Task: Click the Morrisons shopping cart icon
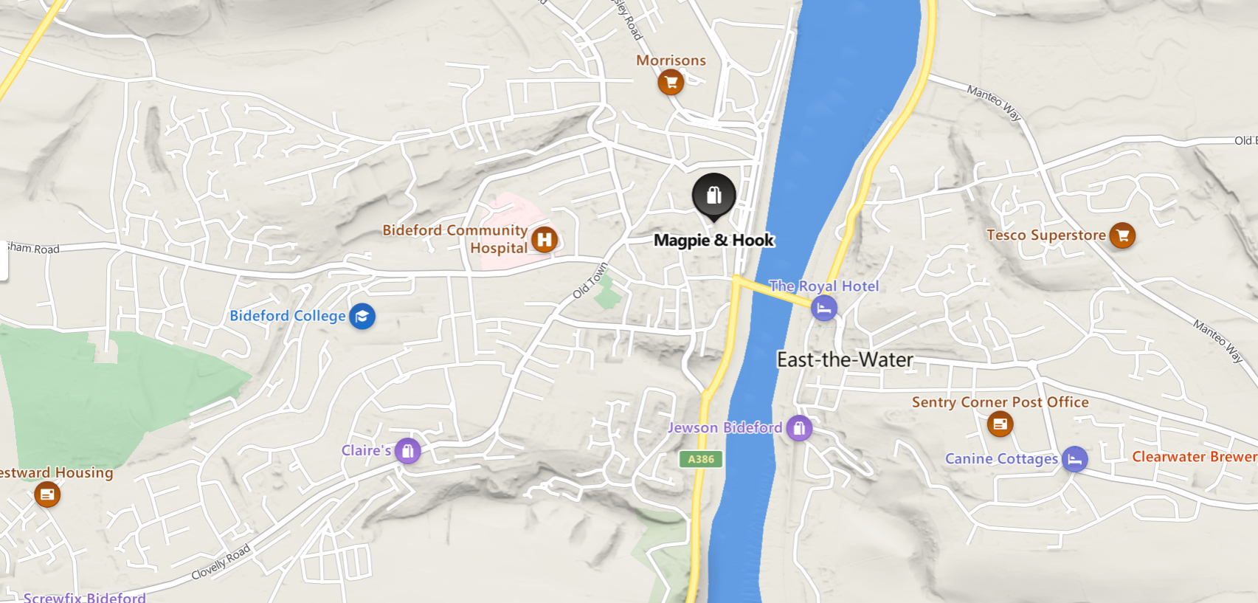[671, 82]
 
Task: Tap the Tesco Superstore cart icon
[1122, 235]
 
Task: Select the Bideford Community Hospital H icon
[545, 239]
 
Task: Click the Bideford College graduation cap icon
[362, 317]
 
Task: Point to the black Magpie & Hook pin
[713, 196]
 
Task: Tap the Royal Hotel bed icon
[824, 308]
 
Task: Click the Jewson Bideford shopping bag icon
[799, 427]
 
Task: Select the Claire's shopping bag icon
[407, 450]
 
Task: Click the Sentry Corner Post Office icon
[1000, 424]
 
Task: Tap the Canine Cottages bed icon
[1074, 459]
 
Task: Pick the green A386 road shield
[701, 459]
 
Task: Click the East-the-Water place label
[845, 360]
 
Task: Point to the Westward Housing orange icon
[47, 495]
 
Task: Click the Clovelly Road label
[221, 563]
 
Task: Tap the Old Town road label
[590, 280]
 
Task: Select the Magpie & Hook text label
[713, 241]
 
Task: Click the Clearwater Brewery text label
[1194, 457]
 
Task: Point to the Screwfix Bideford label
[84, 596]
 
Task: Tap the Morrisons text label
[671, 61]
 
